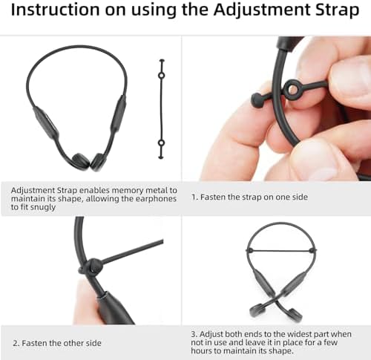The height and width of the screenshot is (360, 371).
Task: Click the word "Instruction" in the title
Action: [x=56, y=10]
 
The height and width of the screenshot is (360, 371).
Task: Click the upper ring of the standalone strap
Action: [x=162, y=75]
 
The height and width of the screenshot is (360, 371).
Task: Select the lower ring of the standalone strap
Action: [x=161, y=143]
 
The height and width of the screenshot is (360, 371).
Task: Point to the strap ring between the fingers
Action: [x=292, y=89]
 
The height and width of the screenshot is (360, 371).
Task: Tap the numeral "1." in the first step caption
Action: [x=195, y=197]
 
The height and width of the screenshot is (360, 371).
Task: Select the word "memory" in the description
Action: [x=127, y=190]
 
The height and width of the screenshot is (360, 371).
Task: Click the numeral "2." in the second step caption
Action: [x=16, y=343]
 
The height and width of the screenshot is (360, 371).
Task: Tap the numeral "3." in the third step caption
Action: [x=194, y=334]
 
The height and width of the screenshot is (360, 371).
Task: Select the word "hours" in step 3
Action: [x=201, y=350]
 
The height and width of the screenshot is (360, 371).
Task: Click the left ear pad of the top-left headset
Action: [x=80, y=161]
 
